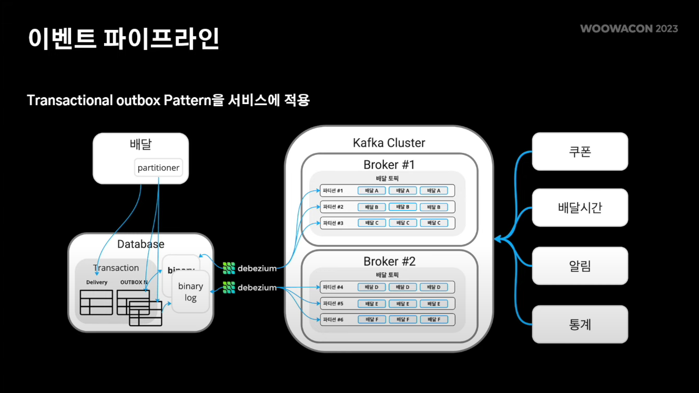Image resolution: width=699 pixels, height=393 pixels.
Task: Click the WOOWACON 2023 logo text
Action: [629, 28]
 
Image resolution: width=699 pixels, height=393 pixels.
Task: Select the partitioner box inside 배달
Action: [158, 168]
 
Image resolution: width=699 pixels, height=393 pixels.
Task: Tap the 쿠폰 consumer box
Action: [580, 151]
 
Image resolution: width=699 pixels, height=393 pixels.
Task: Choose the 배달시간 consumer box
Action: [580, 208]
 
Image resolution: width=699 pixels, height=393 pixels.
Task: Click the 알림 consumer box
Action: [580, 266]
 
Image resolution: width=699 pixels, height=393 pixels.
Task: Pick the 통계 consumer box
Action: [580, 324]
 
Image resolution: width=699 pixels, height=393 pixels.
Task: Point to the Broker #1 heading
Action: [389, 164]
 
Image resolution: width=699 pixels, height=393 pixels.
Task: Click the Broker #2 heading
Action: [389, 261]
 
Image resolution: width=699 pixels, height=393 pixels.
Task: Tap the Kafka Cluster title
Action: [389, 142]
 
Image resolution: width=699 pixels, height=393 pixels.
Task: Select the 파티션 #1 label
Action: [333, 191]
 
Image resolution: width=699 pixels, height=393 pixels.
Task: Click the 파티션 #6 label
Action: [333, 319]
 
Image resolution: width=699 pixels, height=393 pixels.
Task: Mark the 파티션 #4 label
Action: [333, 287]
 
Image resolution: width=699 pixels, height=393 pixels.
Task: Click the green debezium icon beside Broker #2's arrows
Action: [229, 287]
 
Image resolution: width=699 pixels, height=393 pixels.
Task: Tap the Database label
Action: [140, 244]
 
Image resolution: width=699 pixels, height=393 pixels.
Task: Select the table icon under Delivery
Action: [96, 302]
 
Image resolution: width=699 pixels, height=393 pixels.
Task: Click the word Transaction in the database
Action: [116, 268]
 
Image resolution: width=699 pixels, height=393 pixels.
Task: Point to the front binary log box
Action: [190, 292]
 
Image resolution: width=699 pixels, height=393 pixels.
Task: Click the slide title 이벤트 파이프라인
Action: [124, 39]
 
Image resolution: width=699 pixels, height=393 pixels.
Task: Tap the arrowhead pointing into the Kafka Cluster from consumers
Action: [497, 240]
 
